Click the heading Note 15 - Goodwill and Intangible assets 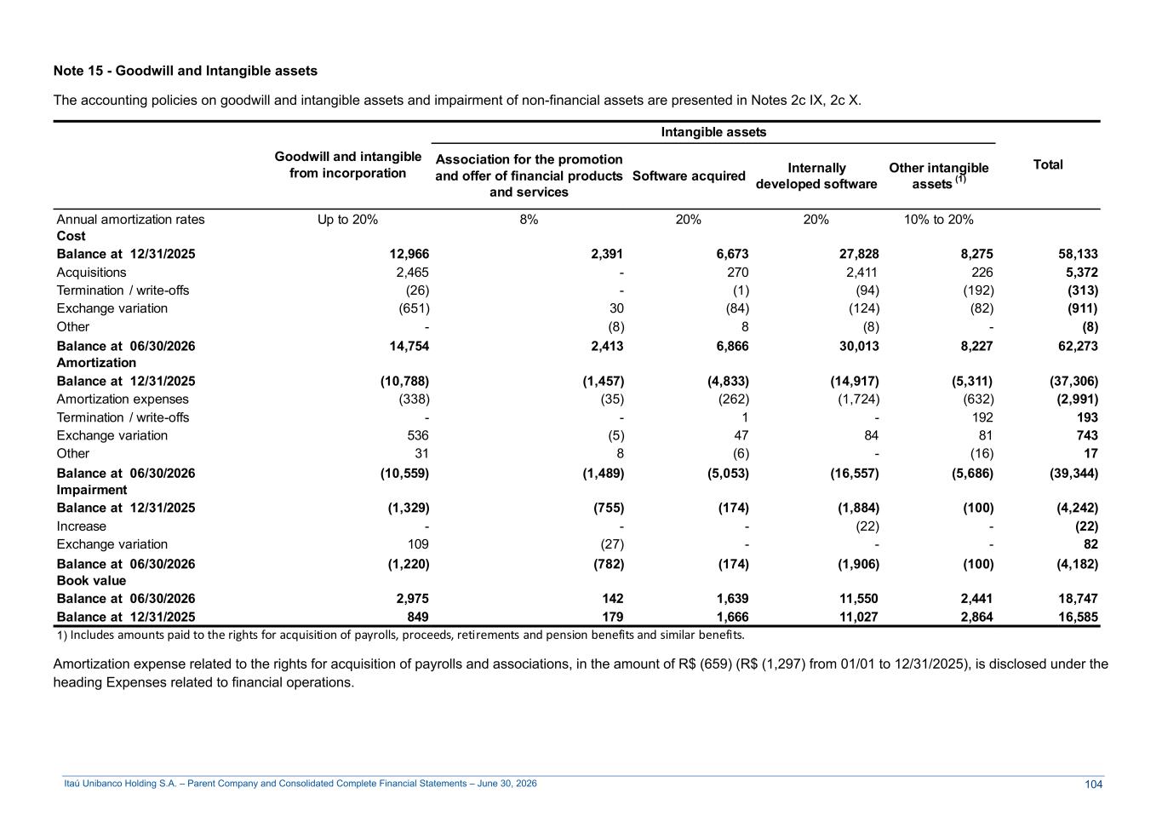click(186, 71)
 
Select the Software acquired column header click(689, 176)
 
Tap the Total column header click(1048, 164)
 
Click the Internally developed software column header click(816, 176)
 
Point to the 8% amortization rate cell click(529, 220)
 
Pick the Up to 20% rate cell click(347, 220)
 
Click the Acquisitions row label click(91, 273)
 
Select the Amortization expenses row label click(123, 399)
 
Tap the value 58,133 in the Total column click(1078, 254)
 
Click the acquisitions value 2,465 click(412, 273)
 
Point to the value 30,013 click(859, 346)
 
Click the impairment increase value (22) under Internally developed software click(867, 526)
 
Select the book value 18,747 click(1078, 598)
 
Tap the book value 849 click(418, 617)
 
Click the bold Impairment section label click(92, 490)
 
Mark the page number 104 click(1094, 785)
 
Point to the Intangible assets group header click(713, 132)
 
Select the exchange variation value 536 click(418, 435)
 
